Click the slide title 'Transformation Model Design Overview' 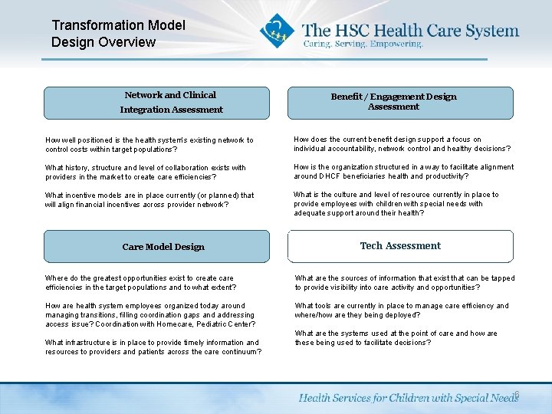(118, 34)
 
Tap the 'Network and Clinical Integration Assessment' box (156, 103)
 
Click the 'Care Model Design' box (156, 247)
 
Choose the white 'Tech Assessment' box (399, 246)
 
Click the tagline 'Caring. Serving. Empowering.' (363, 44)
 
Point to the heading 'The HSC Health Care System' (410, 31)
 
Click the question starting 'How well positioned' (149, 145)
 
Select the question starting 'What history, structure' (146, 172)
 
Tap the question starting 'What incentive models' (149, 200)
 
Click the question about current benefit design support (402, 144)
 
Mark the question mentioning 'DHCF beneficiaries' (403, 172)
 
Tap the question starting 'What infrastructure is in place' (153, 347)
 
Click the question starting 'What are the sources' (405, 283)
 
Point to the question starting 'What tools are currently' (402, 310)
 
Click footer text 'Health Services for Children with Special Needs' (408, 398)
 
